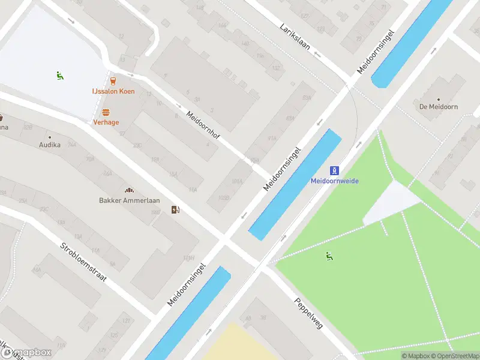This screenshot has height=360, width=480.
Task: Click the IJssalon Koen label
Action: tap(113, 91)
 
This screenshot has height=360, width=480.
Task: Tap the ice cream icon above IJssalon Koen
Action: tap(113, 80)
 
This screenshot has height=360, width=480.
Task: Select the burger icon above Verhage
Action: tap(106, 112)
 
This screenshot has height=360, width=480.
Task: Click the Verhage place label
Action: tap(106, 122)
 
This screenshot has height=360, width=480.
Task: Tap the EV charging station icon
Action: tap(175, 209)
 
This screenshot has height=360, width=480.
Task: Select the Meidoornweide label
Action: tap(334, 181)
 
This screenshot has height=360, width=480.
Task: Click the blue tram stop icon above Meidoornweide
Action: tap(335, 170)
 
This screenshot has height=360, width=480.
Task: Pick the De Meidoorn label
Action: tap(439, 107)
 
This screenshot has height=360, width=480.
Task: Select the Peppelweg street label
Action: tap(308, 313)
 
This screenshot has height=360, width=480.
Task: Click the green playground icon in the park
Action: tap(329, 256)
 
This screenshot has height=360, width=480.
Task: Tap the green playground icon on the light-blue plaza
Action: tap(60, 76)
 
